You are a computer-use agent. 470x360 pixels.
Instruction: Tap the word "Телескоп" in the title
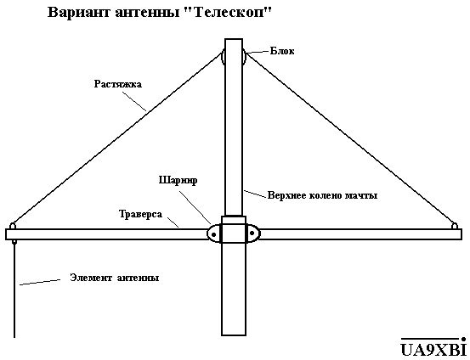click(230, 13)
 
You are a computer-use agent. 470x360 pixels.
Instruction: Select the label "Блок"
click(282, 51)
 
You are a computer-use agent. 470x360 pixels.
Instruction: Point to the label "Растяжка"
click(118, 83)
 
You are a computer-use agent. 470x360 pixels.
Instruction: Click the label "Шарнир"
click(178, 181)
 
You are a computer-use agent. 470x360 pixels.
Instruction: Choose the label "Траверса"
click(140, 214)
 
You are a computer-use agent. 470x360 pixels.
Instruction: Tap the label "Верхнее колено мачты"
click(322, 195)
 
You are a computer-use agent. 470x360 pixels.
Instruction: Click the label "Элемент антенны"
click(115, 278)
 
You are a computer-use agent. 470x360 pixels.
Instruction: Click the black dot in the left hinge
click(213, 234)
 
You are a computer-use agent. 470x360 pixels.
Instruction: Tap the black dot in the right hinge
click(252, 233)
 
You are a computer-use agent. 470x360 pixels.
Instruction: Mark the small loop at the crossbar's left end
click(13, 226)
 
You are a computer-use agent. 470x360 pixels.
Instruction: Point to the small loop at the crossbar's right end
click(455, 226)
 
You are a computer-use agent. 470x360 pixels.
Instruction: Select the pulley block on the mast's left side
click(223, 57)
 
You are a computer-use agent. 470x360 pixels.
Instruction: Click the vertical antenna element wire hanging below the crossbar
click(14, 289)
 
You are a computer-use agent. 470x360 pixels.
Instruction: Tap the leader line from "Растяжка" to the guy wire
click(134, 101)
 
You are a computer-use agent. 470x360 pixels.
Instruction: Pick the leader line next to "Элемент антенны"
click(40, 283)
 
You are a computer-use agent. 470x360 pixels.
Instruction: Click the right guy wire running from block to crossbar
click(350, 138)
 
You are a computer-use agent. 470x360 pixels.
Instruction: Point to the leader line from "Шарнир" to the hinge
click(195, 207)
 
